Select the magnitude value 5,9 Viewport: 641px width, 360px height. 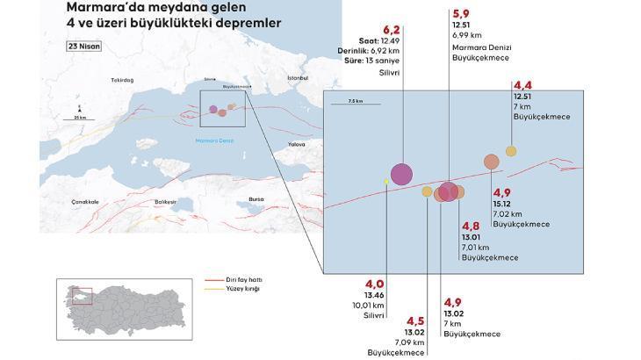pos(460,14)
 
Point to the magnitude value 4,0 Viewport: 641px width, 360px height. pos(375,284)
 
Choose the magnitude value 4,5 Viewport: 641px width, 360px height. pos(414,320)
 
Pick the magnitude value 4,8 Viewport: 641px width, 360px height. pos(471,225)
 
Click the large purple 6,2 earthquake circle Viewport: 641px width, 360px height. pos(401,174)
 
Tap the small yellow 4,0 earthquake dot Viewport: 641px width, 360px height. pos(385,182)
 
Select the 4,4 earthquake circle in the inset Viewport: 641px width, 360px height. pos(511,151)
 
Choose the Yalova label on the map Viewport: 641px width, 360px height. pos(296,143)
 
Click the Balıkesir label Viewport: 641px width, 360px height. pos(165,201)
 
